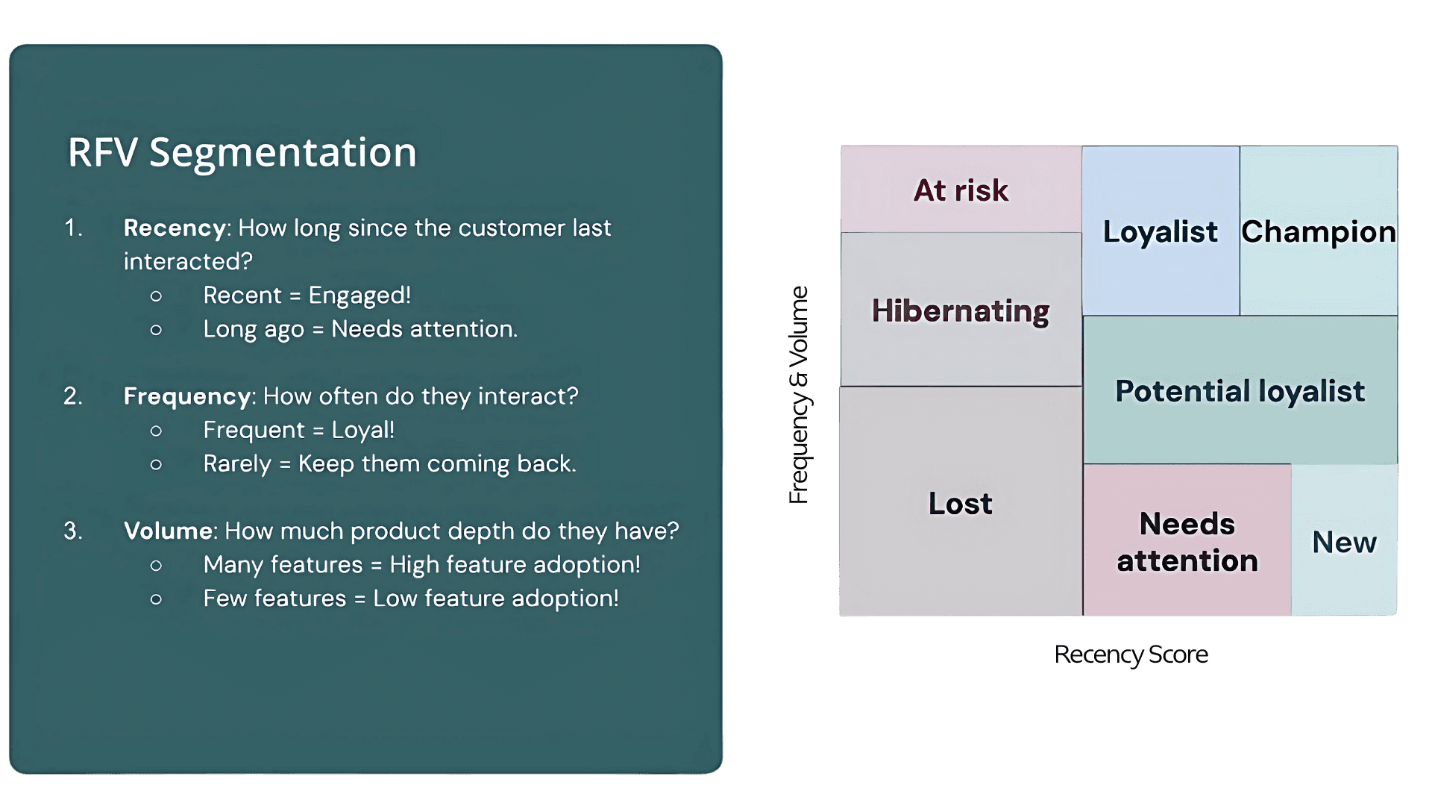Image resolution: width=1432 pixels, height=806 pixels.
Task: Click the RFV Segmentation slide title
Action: click(x=242, y=152)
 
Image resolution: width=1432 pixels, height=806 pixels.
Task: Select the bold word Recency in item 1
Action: click(x=175, y=228)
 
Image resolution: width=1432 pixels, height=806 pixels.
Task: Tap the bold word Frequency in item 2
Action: click(x=186, y=396)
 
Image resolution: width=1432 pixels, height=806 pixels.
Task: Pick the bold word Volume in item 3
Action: click(x=169, y=531)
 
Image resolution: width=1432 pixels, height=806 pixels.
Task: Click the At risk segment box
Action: click(x=961, y=190)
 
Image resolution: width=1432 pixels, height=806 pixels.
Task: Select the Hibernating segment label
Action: click(x=961, y=310)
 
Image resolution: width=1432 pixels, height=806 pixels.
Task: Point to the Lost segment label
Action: click(x=961, y=504)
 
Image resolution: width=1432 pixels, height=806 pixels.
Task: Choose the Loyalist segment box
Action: click(x=1161, y=231)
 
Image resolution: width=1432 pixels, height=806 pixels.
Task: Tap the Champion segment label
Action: click(x=1319, y=231)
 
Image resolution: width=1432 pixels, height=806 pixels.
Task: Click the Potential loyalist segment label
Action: click(x=1240, y=391)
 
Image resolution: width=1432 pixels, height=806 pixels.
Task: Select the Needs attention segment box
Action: click(x=1187, y=541)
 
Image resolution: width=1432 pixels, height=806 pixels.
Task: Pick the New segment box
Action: click(x=1344, y=542)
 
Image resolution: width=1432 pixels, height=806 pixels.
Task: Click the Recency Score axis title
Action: click(x=1131, y=655)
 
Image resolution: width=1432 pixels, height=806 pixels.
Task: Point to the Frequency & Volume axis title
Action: click(x=799, y=395)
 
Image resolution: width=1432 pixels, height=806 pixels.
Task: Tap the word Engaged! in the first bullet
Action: click(x=359, y=296)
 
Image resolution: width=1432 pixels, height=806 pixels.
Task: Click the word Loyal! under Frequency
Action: click(x=363, y=430)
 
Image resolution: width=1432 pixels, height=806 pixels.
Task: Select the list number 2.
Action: click(x=72, y=396)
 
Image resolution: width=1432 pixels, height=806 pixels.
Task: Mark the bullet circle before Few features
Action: click(x=156, y=599)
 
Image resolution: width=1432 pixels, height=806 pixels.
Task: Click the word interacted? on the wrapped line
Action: click(x=188, y=261)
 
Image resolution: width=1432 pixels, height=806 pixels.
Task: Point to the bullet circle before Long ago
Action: click(x=156, y=330)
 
